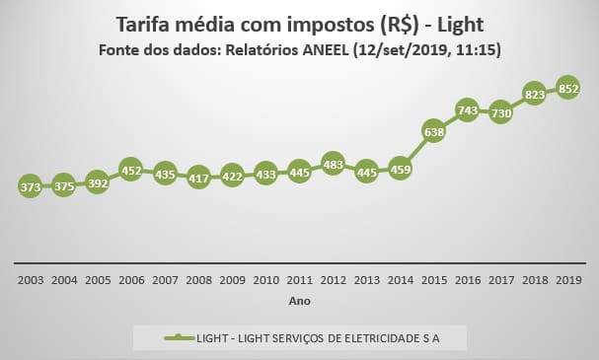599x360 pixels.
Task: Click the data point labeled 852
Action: tap(567, 86)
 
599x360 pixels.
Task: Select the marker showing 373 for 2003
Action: tap(30, 186)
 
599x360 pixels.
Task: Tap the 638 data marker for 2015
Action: tap(433, 131)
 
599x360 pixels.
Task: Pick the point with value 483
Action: tap(333, 164)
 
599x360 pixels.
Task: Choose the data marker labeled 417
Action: tap(197, 178)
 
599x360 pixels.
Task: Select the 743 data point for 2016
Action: tap(467, 108)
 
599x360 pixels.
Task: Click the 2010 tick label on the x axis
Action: tap(265, 280)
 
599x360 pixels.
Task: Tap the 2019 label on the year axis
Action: tap(567, 280)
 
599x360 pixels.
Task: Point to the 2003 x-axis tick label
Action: tap(30, 280)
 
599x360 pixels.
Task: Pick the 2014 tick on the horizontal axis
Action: tap(400, 280)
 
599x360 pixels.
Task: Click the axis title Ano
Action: tap(299, 300)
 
